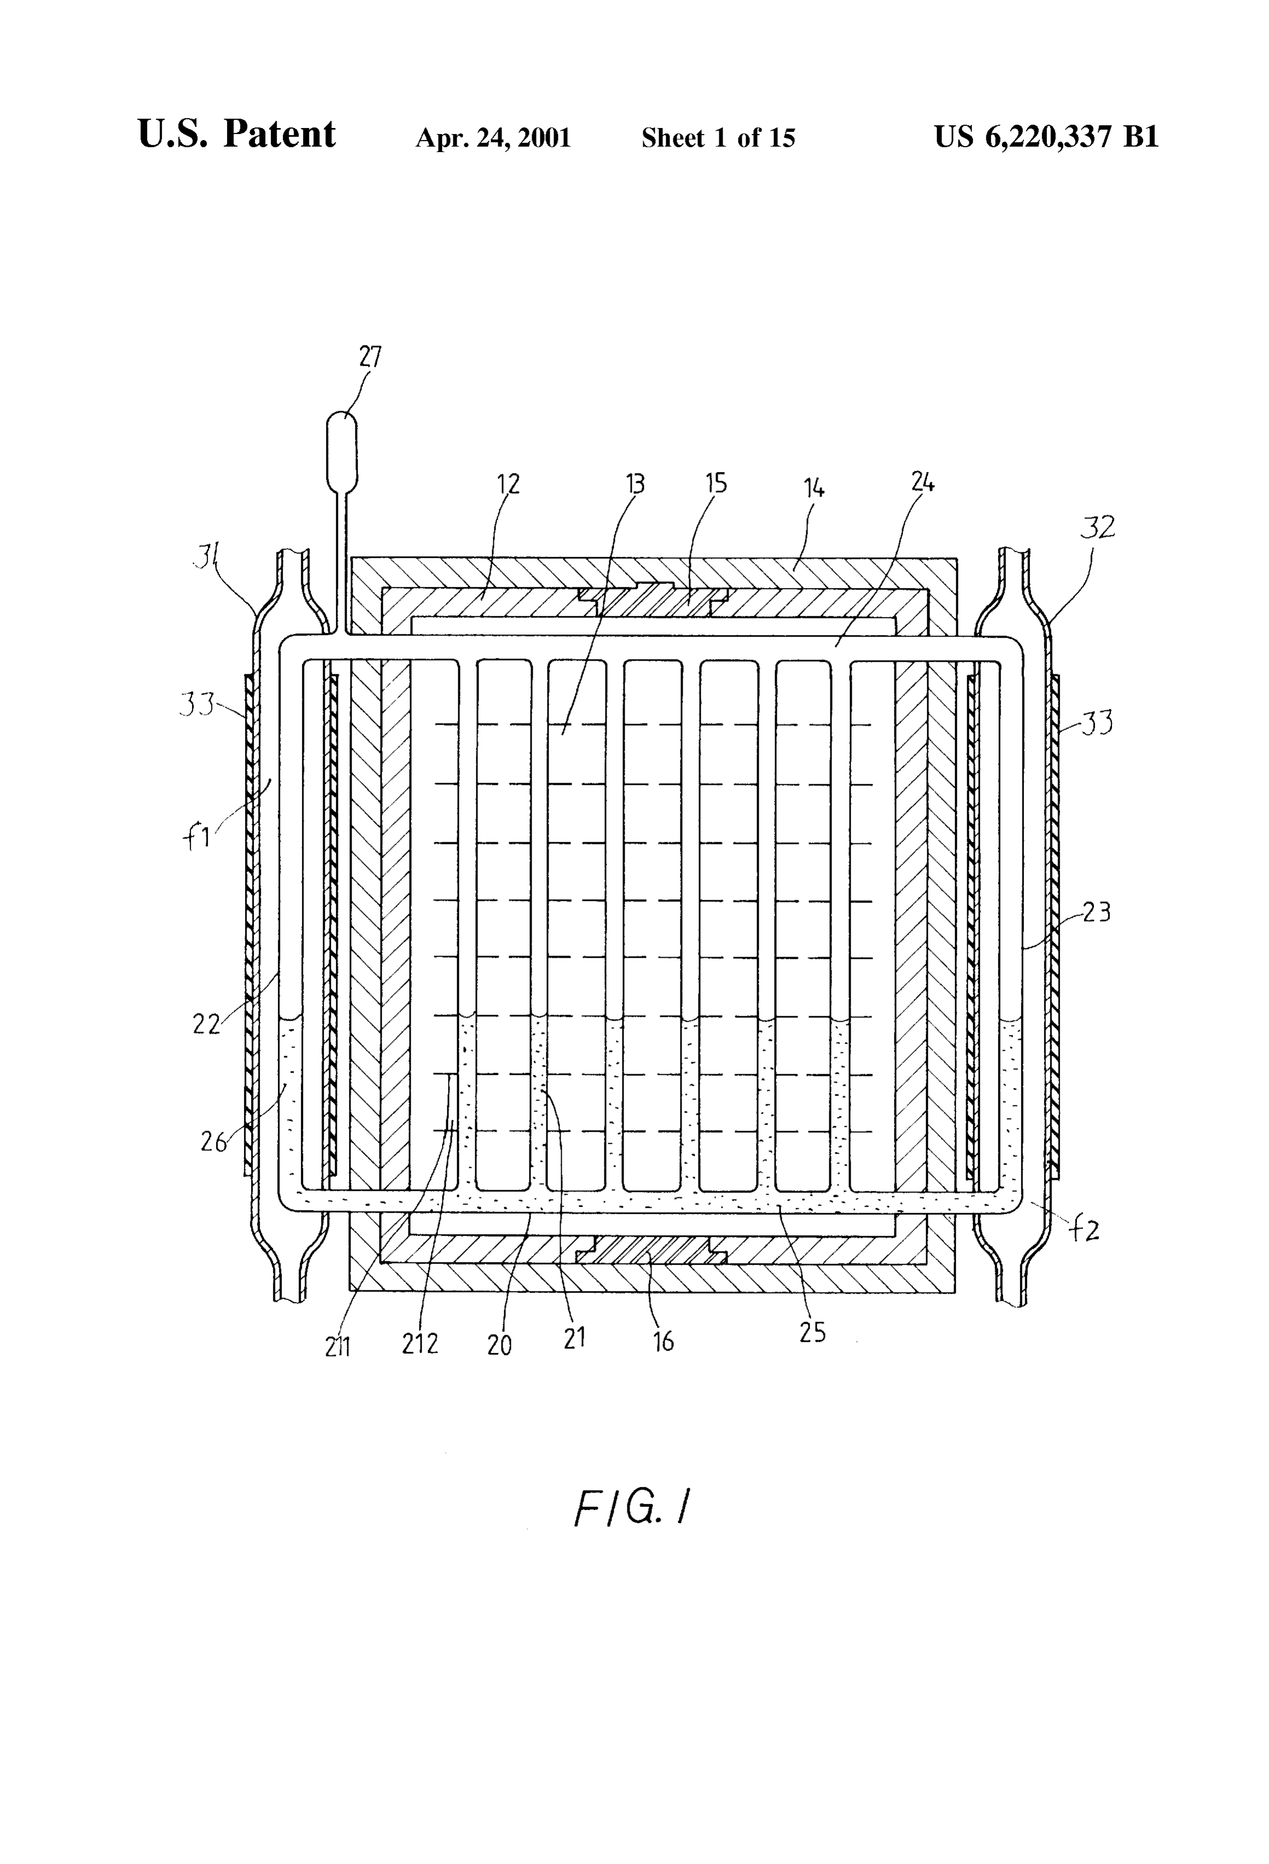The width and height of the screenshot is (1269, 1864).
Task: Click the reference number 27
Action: pos(370,357)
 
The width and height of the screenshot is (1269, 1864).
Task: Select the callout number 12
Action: pos(509,484)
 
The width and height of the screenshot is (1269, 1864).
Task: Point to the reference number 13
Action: pos(634,485)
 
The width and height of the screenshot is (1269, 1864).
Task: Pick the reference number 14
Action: pos(814,488)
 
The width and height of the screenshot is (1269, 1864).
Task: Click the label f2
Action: pos(1085,1230)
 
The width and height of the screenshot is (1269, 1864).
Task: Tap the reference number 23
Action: pos(1097,912)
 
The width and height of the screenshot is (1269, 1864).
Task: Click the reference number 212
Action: pos(420,1343)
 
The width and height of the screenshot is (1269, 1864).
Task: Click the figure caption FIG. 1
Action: pos(633,1508)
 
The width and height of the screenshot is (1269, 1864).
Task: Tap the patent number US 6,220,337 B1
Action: pos(1046,137)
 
